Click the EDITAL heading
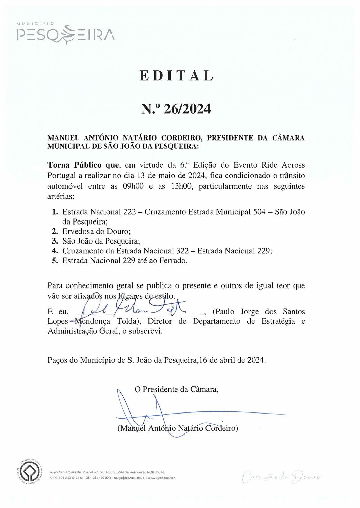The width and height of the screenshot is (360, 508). click(176, 76)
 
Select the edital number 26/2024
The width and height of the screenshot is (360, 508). click(187, 109)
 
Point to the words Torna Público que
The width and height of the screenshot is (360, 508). click(83, 165)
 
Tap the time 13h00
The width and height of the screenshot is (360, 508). click(180, 186)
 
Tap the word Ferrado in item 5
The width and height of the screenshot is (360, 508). click(173, 261)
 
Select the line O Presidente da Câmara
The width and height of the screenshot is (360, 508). click(176, 389)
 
